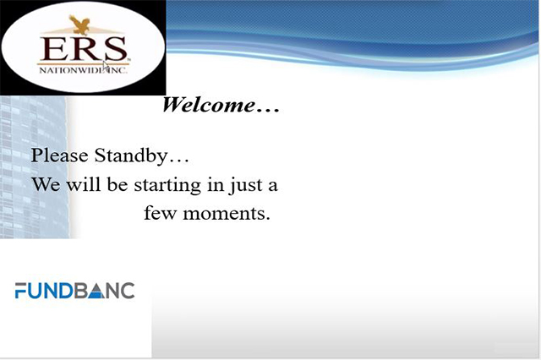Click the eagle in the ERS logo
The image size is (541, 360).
pos(79,25)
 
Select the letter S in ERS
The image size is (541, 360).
pos(116,49)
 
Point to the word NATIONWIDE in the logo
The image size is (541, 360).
pos(73,70)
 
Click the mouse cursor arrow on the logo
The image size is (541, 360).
pos(106,66)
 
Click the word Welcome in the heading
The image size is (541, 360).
pos(209,105)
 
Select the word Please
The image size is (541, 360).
pos(59,155)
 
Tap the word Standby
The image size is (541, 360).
pos(131,155)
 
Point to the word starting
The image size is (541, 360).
pos(167,186)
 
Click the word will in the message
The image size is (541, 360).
pos(84,184)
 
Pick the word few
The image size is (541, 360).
pos(160,213)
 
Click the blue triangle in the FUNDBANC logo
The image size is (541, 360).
pos(96,292)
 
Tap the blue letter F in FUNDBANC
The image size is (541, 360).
pos(20,291)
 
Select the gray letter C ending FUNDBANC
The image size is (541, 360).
pos(128,291)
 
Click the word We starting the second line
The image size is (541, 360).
pos(46,184)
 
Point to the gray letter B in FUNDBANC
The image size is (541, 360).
pos(81,291)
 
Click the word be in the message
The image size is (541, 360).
pos(117,184)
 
